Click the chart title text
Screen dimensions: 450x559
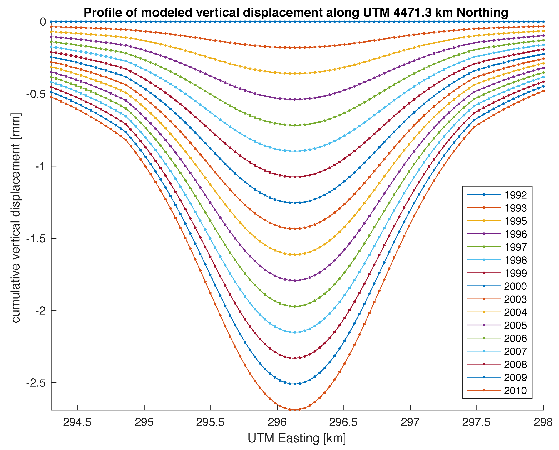click(x=296, y=12)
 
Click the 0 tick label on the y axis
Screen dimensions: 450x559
click(x=43, y=22)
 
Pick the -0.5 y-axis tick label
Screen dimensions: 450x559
click(x=36, y=94)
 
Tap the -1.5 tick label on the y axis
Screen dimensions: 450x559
click(x=36, y=238)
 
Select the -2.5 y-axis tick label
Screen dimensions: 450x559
click(x=36, y=383)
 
